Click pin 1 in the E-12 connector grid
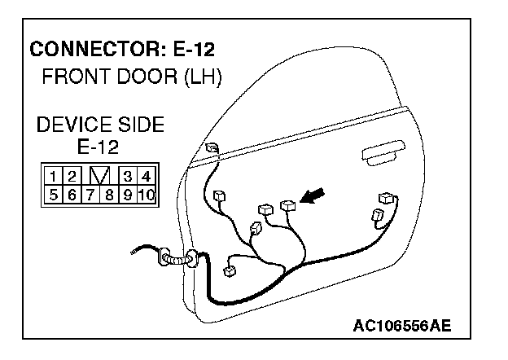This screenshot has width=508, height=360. (51, 176)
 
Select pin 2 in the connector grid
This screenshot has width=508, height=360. (71, 176)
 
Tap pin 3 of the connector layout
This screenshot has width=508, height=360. (127, 176)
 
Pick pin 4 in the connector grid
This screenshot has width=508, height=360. (146, 176)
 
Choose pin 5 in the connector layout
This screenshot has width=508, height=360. (51, 195)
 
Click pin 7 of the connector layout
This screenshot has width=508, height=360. (89, 195)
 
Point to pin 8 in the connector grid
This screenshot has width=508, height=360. (107, 195)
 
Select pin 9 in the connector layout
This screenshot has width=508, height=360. (126, 195)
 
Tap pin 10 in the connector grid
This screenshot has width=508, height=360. (146, 195)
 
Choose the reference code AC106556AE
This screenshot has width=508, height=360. (401, 326)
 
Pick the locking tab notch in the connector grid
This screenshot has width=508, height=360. (99, 176)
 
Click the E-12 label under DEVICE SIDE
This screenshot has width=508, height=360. (98, 147)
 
